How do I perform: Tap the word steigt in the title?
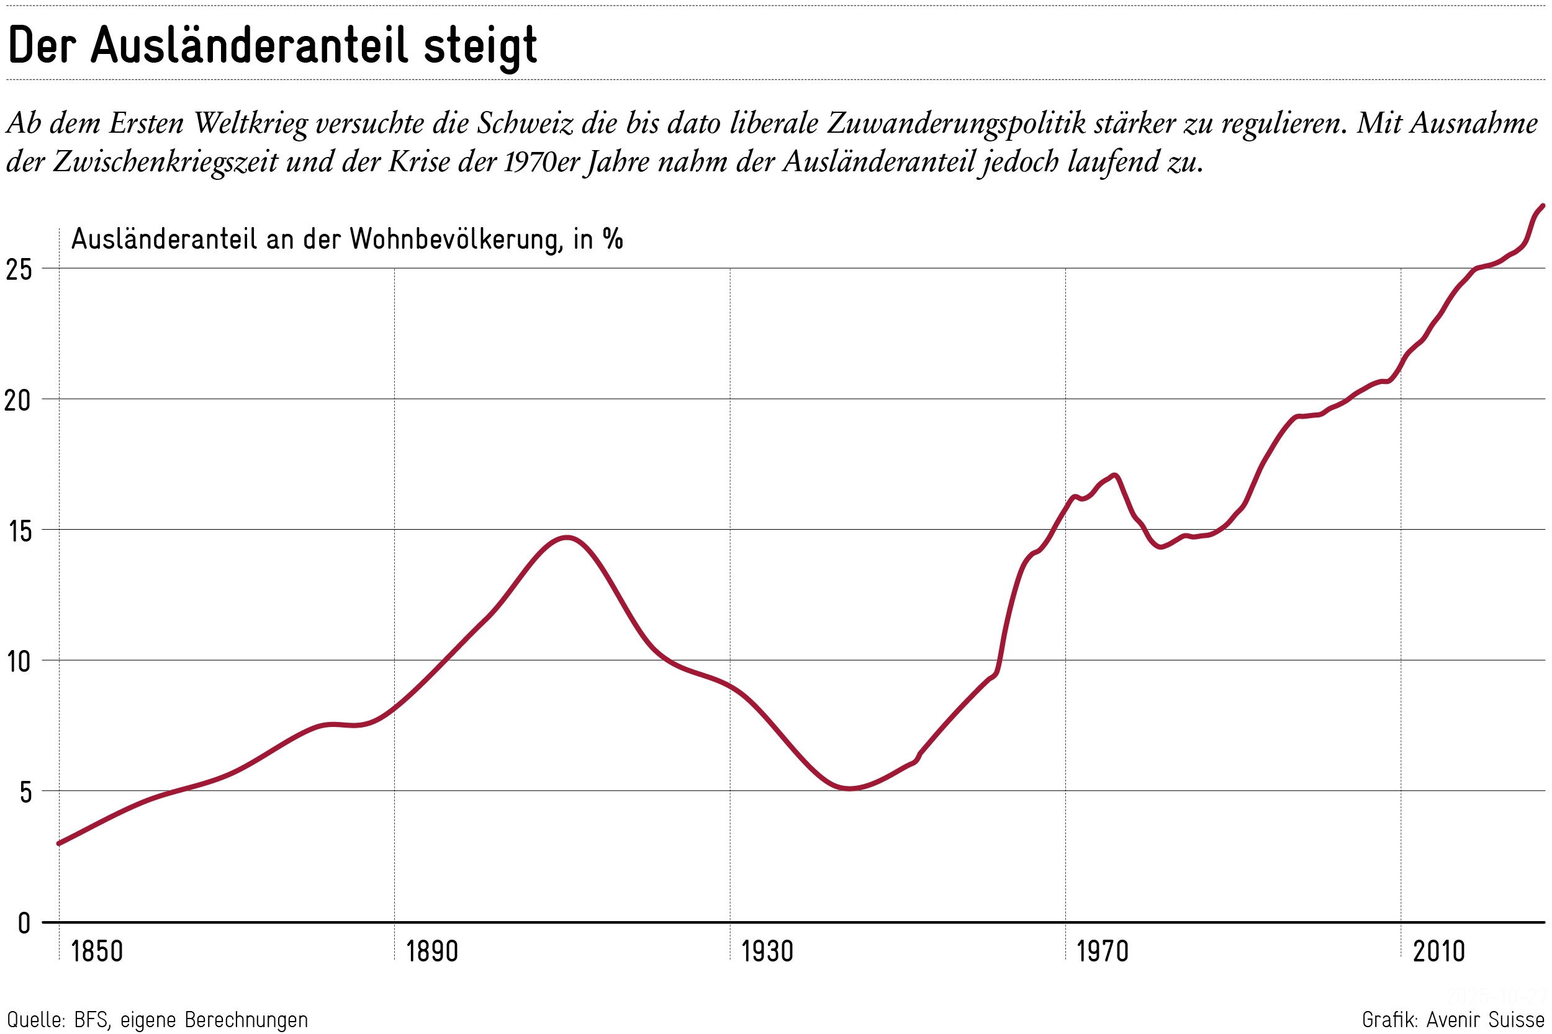pyautogui.click(x=480, y=47)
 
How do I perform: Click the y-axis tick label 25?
pyautogui.click(x=18, y=269)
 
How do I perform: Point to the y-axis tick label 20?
pyautogui.click(x=18, y=399)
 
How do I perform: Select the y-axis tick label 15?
pyautogui.click(x=19, y=531)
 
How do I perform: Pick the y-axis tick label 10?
pyautogui.click(x=19, y=661)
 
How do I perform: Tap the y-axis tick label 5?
pyautogui.click(x=24, y=792)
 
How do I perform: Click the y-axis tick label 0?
pyautogui.click(x=24, y=923)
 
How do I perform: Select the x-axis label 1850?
pyautogui.click(x=96, y=952)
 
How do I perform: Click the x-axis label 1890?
pyautogui.click(x=431, y=952)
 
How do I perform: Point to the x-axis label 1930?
pyautogui.click(x=767, y=952)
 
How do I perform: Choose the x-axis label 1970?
pyautogui.click(x=1102, y=952)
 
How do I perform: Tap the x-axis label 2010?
pyautogui.click(x=1438, y=952)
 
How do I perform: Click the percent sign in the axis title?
pyautogui.click(x=612, y=239)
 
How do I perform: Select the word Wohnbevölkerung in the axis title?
pyautogui.click(x=456, y=239)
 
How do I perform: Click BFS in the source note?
pyautogui.click(x=91, y=1020)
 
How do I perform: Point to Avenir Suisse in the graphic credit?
pyautogui.click(x=1486, y=1020)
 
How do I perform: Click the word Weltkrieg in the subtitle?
pyautogui.click(x=251, y=123)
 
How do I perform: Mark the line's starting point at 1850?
pyautogui.click(x=60, y=844)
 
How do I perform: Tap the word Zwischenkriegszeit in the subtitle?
pyautogui.click(x=165, y=161)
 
